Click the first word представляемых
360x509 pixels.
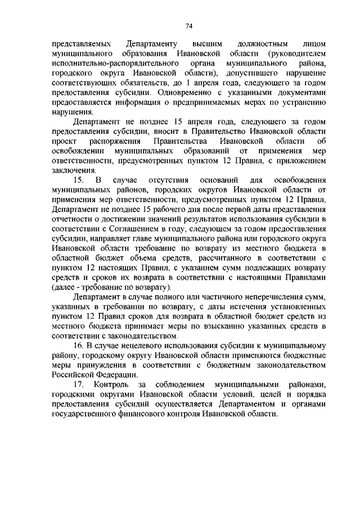coord(77,43)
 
